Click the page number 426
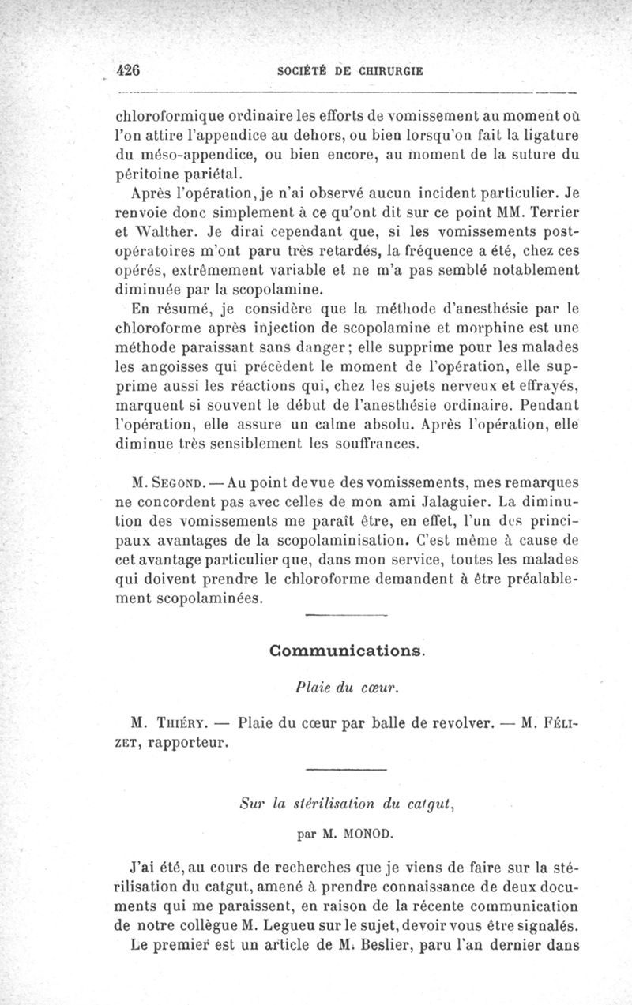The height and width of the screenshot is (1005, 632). (127, 69)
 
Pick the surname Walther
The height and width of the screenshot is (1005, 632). (170, 234)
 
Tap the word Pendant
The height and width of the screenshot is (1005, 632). (551, 406)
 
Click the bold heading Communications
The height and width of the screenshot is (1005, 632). (347, 651)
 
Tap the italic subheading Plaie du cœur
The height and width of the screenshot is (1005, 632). (347, 686)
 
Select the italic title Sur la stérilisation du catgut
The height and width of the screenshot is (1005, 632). (347, 805)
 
